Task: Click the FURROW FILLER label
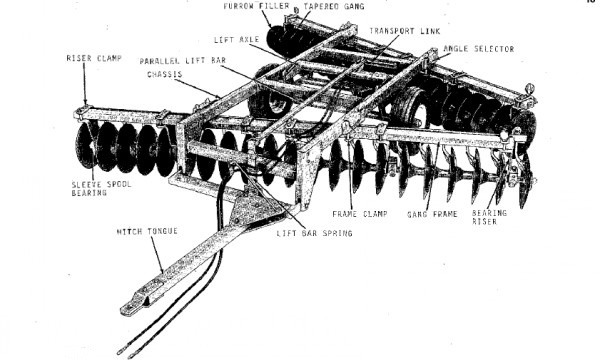point(256,6)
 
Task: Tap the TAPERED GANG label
point(334,7)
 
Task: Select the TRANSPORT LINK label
point(404,31)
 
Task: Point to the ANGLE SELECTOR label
point(478,49)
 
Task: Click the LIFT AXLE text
point(236,40)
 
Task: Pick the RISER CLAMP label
point(94,58)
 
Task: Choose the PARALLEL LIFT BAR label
point(183,61)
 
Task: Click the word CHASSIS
point(165,74)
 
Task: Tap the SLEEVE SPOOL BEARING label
point(101,189)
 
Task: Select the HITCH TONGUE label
point(147,231)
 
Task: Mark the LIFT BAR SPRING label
point(314,233)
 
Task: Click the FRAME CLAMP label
point(360,214)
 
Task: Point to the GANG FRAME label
point(432,214)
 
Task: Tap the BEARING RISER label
point(489,217)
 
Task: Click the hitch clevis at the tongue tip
point(133,305)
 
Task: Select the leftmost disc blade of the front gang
point(85,145)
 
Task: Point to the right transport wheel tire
point(410,108)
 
